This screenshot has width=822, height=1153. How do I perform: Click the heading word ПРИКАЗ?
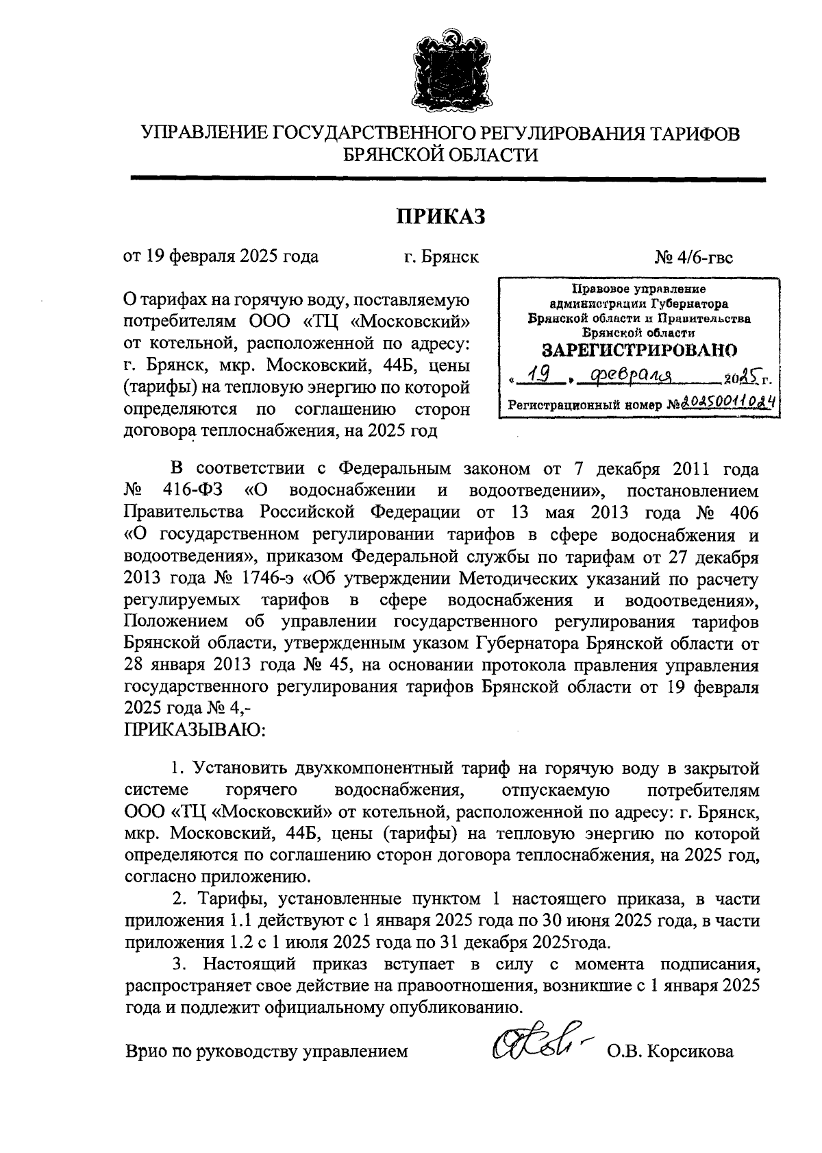click(441, 217)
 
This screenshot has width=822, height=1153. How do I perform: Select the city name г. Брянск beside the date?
click(441, 258)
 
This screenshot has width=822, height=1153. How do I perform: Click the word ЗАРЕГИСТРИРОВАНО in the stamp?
click(639, 350)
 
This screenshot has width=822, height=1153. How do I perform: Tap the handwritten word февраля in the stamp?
click(634, 375)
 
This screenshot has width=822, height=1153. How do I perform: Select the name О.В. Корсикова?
click(670, 1051)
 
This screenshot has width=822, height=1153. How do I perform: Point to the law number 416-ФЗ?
click(195, 491)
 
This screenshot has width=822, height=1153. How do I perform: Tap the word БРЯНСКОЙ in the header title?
click(398, 156)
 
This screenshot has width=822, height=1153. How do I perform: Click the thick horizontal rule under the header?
click(448, 180)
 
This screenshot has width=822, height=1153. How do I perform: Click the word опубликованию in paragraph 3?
click(445, 1007)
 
